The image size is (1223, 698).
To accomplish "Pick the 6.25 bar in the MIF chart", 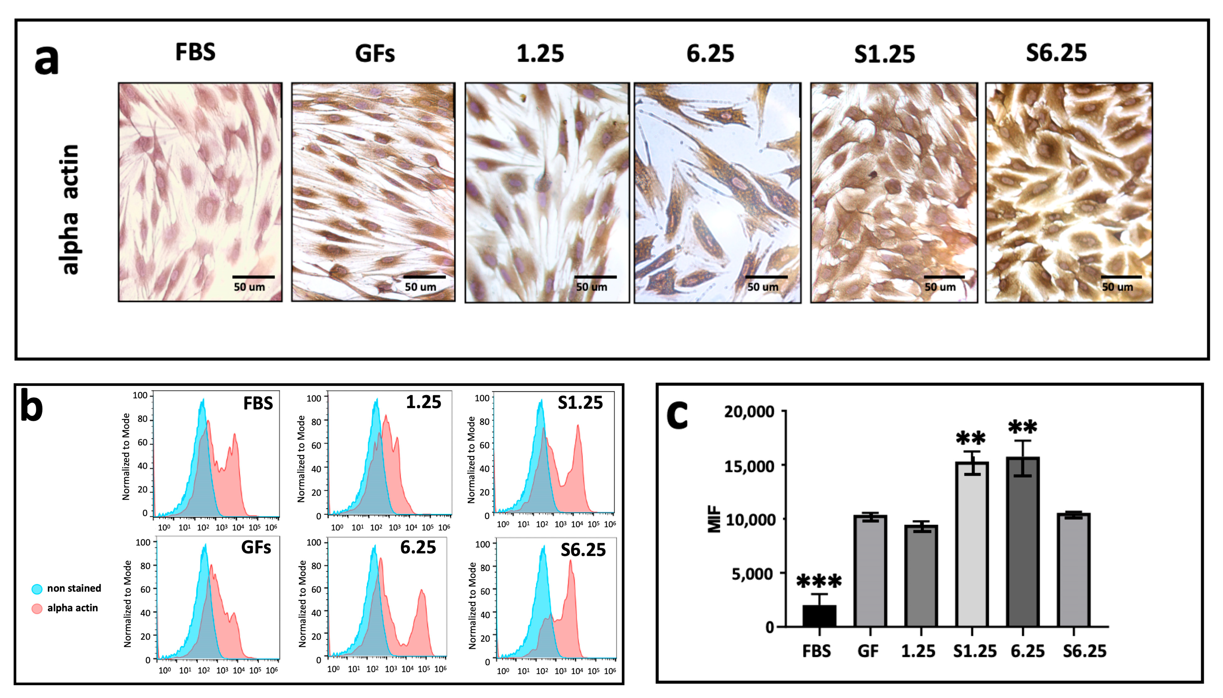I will tap(1023, 542).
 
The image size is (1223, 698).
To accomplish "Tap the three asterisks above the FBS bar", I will tap(819, 581).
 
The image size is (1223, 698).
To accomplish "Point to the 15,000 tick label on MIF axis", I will tap(749, 466).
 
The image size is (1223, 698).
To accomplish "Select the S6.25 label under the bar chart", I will tap(1084, 651).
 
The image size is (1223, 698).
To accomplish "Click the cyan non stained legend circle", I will tap(37, 589).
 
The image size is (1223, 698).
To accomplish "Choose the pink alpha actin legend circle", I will tap(37, 608).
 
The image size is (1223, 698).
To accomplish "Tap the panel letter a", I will tap(46, 60).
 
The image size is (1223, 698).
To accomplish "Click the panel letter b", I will tap(32, 406).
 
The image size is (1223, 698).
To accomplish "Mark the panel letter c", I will tap(677, 415).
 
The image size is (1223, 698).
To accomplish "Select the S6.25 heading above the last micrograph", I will tap(1056, 53).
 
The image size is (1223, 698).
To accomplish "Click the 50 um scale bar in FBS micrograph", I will tap(253, 277).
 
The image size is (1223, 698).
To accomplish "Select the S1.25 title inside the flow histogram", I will tap(580, 403).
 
